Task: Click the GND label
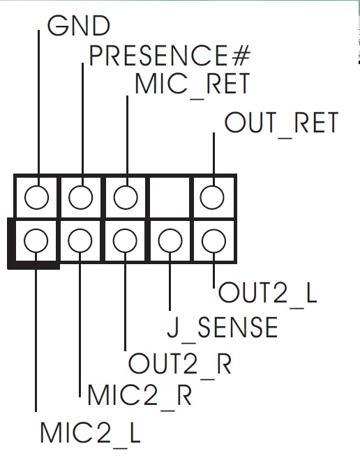[x=79, y=26]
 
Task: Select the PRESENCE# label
[x=170, y=55]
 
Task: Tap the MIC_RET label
[x=193, y=84]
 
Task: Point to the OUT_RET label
[x=282, y=123]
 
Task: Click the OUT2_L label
[x=267, y=293]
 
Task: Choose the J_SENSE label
[x=223, y=328]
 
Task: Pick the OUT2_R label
[x=180, y=364]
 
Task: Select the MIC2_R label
[x=140, y=395]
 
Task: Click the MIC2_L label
[x=91, y=432]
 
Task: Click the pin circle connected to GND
[x=36, y=197]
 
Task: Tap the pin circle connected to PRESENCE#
[x=81, y=197]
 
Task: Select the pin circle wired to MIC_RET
[x=126, y=197]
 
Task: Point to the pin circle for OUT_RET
[x=212, y=197]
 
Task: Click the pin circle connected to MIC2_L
[x=36, y=240]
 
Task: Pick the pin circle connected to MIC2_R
[x=80, y=240]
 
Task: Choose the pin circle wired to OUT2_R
[x=125, y=240]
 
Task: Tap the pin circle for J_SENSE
[x=170, y=240]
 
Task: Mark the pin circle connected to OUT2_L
[x=214, y=240]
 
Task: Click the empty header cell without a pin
[x=170, y=197]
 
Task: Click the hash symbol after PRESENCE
[x=241, y=55]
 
